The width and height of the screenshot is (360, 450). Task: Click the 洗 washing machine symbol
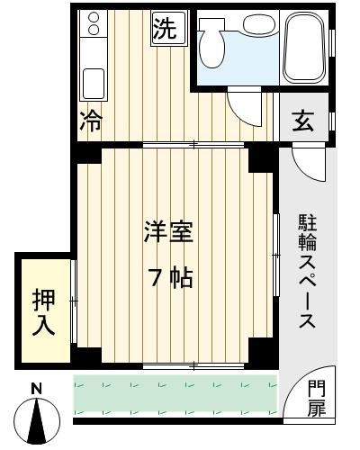click(169, 29)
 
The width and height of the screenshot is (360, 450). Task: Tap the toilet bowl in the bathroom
click(212, 45)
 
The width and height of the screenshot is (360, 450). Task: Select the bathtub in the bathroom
click(305, 47)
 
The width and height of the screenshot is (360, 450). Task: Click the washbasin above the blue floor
click(257, 23)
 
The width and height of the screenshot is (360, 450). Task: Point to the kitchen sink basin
click(94, 84)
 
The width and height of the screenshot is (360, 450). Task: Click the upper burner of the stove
click(94, 17)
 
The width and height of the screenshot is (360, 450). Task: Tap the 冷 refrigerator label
click(91, 121)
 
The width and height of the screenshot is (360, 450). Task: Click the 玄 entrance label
click(303, 121)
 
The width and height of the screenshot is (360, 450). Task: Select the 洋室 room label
click(168, 232)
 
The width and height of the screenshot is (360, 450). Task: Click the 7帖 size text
click(171, 277)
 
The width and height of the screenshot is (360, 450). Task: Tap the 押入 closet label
click(44, 312)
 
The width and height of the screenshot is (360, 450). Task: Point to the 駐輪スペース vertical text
click(307, 271)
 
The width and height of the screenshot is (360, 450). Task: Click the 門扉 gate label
click(317, 398)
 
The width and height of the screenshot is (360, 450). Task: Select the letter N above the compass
click(37, 389)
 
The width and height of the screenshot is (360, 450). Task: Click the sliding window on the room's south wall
click(193, 365)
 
